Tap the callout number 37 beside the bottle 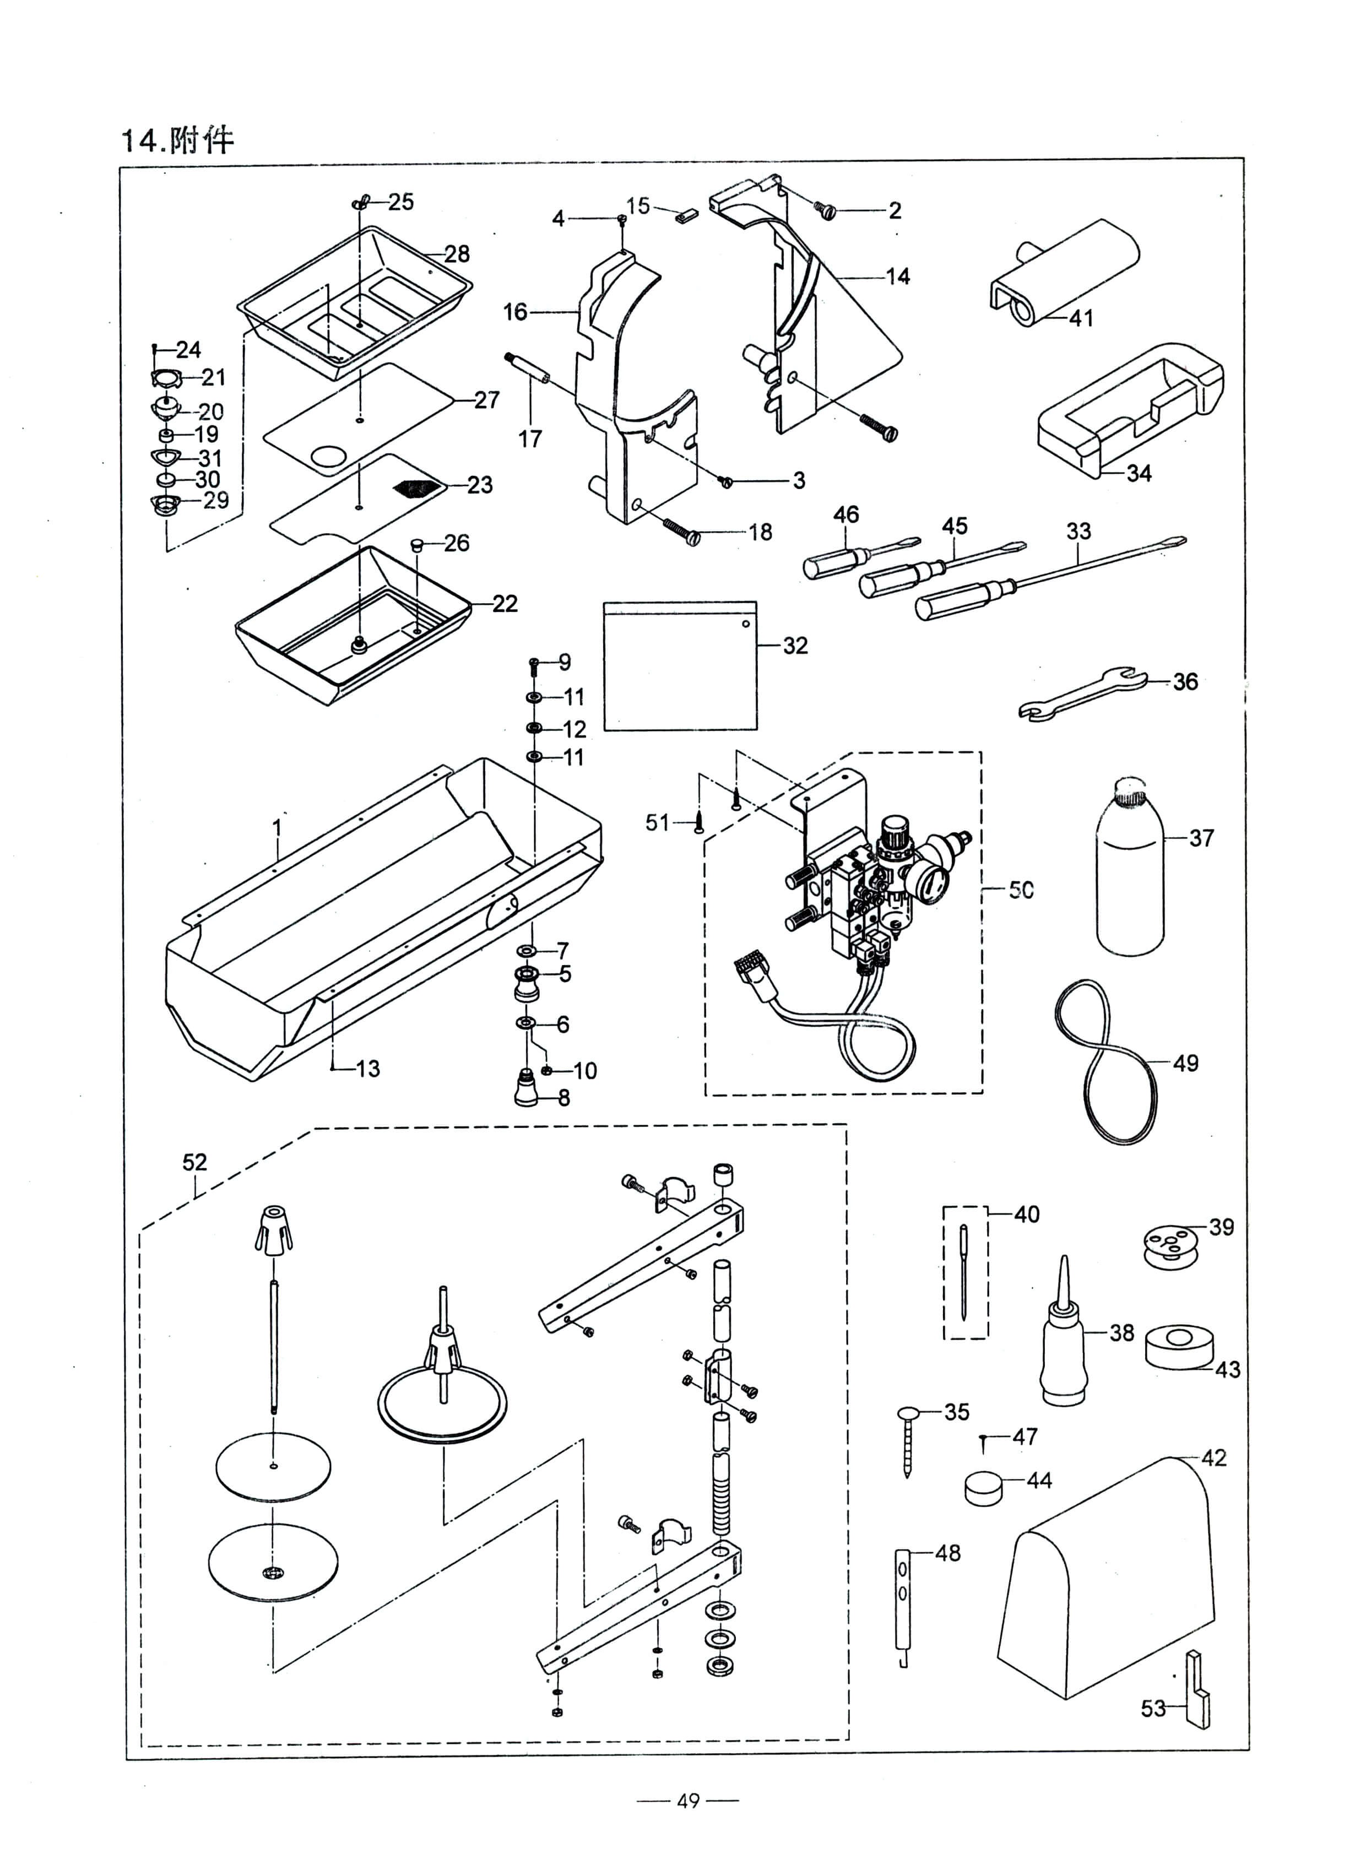1201,838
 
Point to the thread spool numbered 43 1176,1348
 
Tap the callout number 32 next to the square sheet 795,646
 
